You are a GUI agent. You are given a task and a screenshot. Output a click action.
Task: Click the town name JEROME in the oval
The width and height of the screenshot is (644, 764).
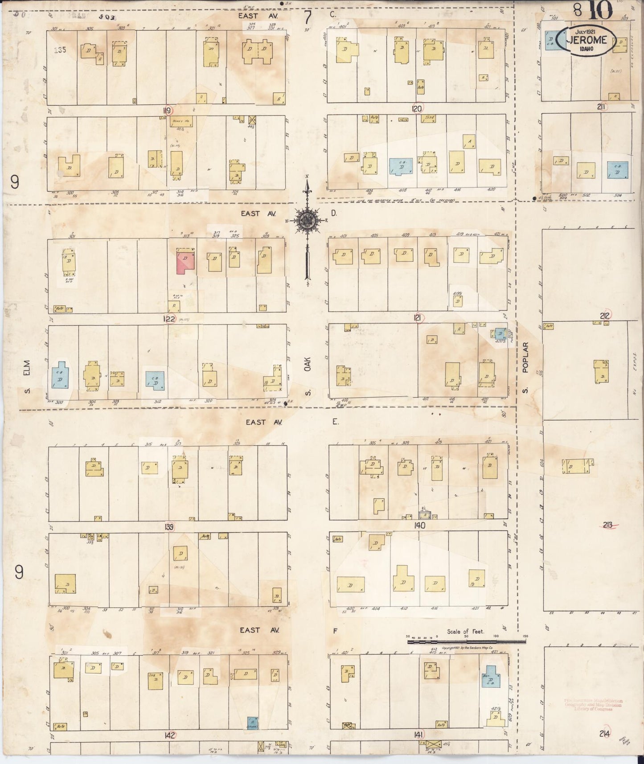point(587,40)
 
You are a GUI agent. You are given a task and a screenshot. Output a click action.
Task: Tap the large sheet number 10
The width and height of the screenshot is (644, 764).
point(601,11)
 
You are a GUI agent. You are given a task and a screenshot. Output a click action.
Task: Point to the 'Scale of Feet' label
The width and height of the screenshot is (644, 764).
point(466,632)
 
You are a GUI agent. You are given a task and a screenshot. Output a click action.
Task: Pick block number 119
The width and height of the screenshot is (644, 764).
point(168,111)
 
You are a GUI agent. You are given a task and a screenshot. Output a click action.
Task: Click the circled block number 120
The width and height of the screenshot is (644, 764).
point(417,108)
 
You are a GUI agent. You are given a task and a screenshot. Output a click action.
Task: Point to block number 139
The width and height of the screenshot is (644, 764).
point(168,527)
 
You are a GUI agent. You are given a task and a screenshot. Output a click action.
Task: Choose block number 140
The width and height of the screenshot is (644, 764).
point(419,526)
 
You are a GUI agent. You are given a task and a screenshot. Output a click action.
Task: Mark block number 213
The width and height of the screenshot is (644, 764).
point(607,525)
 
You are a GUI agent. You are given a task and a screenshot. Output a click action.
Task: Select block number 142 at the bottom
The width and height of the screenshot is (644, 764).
point(169,735)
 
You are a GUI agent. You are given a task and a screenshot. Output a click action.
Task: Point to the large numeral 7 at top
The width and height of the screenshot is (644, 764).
point(308,18)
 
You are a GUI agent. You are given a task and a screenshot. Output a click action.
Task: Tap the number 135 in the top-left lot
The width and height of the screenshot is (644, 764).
point(60,50)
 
